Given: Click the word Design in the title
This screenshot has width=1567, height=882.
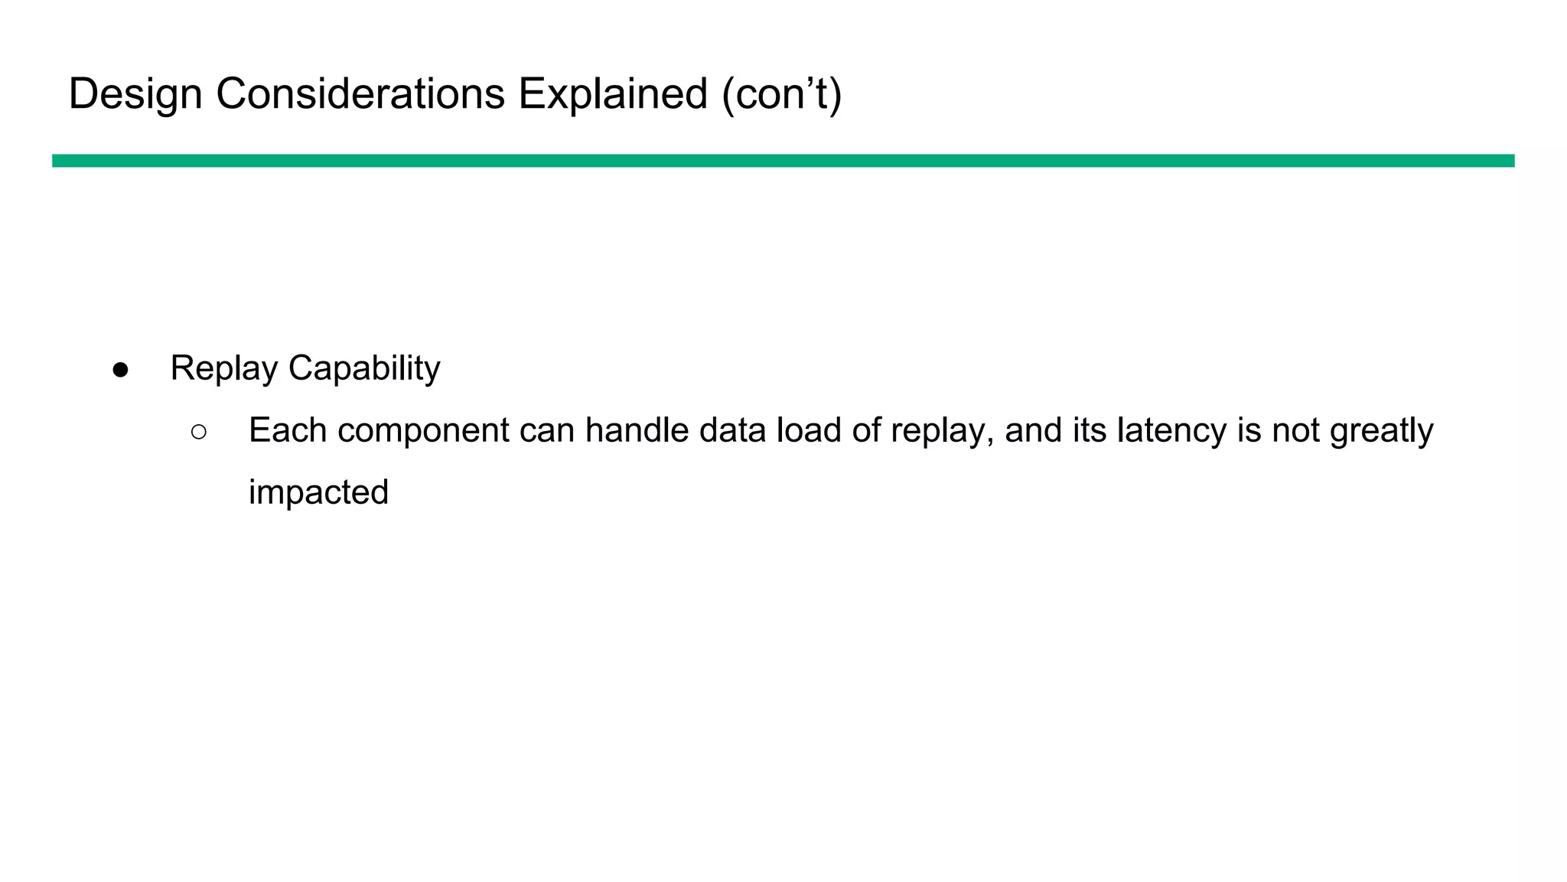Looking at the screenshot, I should [135, 94].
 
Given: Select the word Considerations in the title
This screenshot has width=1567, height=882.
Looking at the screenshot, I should [360, 94].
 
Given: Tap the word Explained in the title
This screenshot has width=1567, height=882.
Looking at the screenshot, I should [613, 94].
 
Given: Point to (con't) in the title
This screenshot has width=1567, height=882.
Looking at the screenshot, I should [781, 94].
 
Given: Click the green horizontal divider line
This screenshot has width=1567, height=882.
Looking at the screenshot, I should [783, 161].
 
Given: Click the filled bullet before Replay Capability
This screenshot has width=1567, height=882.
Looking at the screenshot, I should [120, 370].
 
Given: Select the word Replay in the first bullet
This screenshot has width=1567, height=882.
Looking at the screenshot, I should [223, 368].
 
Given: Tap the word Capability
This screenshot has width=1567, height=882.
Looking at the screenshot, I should [364, 368].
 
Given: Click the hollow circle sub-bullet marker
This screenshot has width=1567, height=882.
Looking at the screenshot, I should [199, 433].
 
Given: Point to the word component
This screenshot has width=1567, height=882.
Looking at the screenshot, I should [423, 430].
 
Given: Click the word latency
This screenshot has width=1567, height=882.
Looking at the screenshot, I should [1172, 430].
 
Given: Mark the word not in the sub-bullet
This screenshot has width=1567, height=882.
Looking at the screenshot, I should [1295, 430].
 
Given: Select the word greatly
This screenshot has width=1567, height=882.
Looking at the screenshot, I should [1382, 430].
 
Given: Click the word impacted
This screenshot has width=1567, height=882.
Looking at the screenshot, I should [318, 492].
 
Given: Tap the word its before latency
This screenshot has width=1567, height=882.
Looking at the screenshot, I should [1090, 430].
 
